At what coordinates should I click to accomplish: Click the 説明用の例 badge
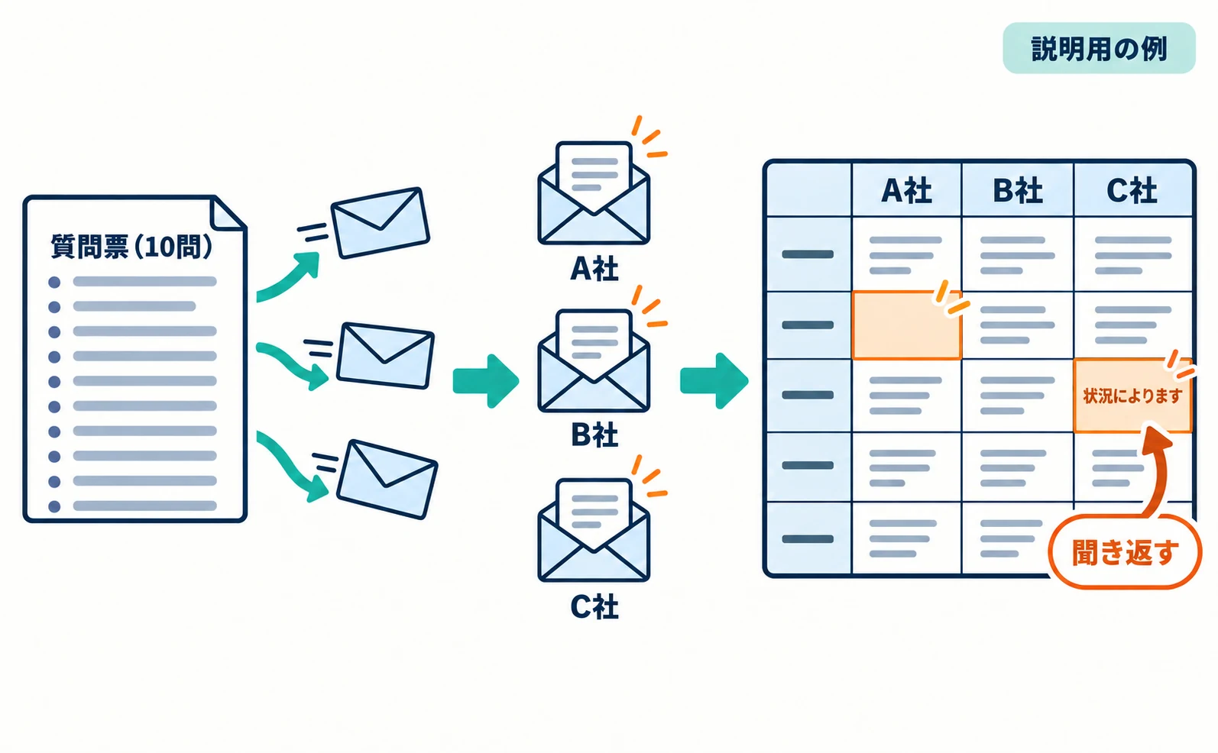click(x=1098, y=48)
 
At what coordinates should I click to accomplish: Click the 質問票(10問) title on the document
click(x=131, y=247)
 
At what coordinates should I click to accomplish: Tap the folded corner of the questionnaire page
click(x=227, y=213)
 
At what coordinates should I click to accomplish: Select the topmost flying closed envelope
click(x=380, y=223)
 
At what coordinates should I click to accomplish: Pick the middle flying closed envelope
click(x=385, y=355)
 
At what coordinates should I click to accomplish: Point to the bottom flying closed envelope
click(x=387, y=479)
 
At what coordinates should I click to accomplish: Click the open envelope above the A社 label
click(x=594, y=193)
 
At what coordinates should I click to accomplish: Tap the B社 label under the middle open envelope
click(x=594, y=435)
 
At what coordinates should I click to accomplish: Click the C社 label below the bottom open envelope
click(x=594, y=606)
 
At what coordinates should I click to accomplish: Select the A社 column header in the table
click(x=906, y=191)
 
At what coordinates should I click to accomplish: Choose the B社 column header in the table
click(x=1018, y=191)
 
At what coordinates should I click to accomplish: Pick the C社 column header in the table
click(x=1132, y=191)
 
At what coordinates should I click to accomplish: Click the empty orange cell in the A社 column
click(x=906, y=325)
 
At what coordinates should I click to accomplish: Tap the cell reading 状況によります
click(x=1132, y=396)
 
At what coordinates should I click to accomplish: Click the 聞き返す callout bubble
click(x=1125, y=552)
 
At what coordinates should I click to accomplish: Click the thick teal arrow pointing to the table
click(x=714, y=381)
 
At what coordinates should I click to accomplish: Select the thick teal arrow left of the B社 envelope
click(x=485, y=381)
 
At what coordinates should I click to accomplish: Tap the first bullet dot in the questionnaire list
click(x=54, y=282)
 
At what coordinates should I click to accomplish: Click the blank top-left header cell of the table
click(x=808, y=189)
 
